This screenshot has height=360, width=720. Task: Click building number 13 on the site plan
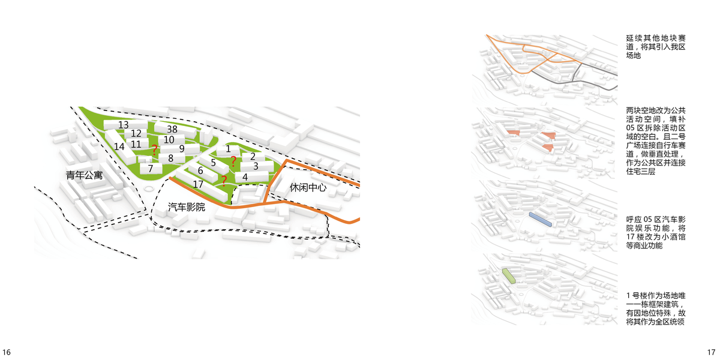coord(123,125)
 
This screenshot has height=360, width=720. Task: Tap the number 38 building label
coord(172,129)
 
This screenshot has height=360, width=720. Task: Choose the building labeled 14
coord(119,146)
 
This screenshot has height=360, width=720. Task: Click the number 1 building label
coord(228,149)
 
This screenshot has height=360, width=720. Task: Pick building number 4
coord(245,178)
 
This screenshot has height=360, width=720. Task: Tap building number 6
coord(200,171)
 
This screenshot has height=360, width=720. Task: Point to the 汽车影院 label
coord(187,208)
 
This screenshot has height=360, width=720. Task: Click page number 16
coord(7,352)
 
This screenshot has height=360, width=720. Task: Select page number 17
coord(711,352)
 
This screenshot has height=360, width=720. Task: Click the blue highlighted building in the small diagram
coord(539,219)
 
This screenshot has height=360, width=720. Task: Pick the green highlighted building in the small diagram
coord(509,276)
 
